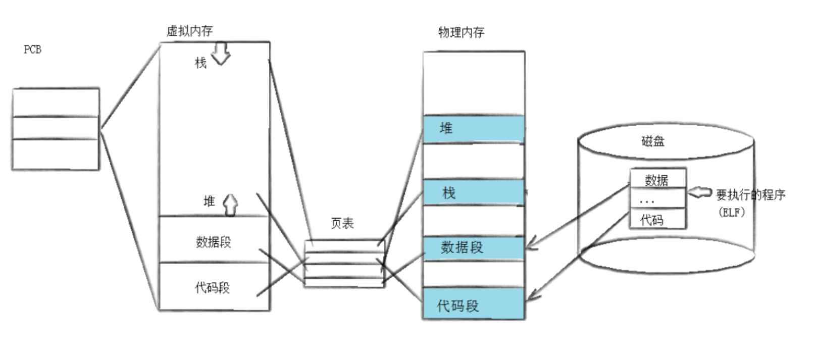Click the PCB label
(x=32, y=49)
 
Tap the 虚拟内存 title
(x=189, y=31)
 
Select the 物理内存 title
(x=461, y=33)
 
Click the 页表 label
(x=342, y=223)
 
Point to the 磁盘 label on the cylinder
(x=652, y=141)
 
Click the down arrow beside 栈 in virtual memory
(x=221, y=54)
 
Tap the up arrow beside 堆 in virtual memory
(x=230, y=205)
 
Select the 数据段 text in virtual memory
(x=213, y=242)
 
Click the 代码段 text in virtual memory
(x=212, y=288)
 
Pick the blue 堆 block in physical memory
(x=473, y=129)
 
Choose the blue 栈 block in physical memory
(x=473, y=192)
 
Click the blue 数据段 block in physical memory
(x=473, y=248)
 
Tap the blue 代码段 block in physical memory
(x=473, y=304)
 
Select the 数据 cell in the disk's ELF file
(x=657, y=179)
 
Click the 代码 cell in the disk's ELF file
(x=652, y=220)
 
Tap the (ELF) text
(x=731, y=212)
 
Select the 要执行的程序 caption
(x=750, y=195)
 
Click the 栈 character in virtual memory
(x=200, y=63)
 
